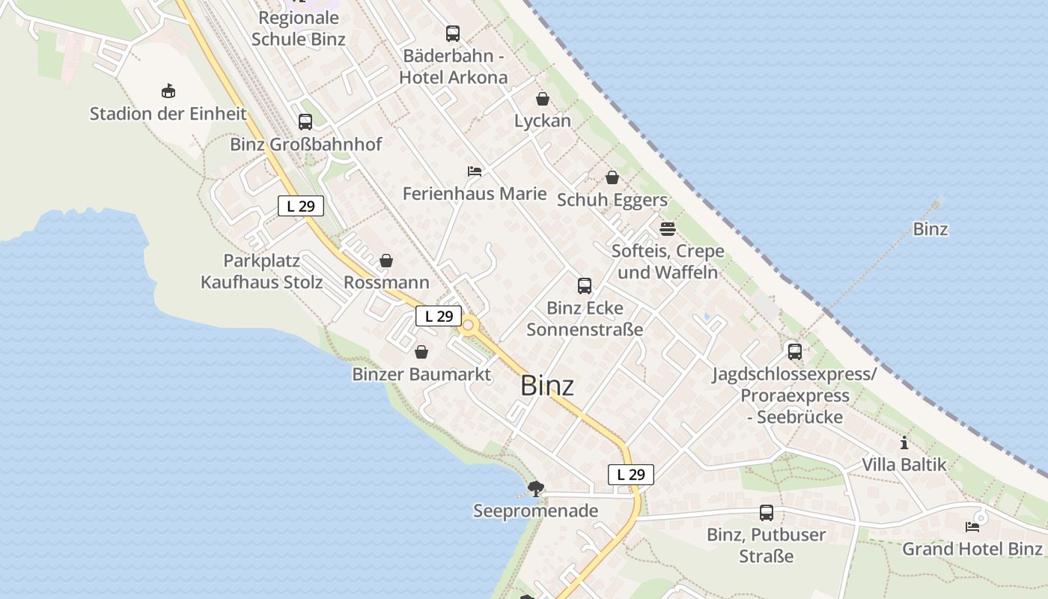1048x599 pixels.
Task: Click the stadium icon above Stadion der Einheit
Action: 168,91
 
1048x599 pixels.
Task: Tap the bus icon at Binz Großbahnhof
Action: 305,121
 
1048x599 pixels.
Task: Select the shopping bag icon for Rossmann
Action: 386,261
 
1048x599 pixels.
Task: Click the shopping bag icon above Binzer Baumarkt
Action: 421,352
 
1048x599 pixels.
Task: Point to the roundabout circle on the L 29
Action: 469,325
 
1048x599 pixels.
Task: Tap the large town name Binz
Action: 547,386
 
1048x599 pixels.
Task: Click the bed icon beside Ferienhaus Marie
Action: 474,171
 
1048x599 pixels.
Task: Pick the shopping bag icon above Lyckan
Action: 543,99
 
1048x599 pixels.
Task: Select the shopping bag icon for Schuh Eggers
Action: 612,177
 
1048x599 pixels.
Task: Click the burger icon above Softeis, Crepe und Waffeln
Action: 668,228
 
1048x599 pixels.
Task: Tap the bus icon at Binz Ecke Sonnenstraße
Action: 585,286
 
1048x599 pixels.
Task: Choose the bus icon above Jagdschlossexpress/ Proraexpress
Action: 795,351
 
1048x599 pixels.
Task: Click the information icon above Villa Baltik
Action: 904,443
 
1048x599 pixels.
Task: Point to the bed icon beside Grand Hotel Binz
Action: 972,526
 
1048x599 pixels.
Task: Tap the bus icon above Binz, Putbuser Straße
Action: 767,513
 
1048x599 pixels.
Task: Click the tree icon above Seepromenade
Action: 535,489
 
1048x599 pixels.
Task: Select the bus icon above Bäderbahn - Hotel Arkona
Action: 453,34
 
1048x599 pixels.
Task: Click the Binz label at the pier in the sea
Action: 930,229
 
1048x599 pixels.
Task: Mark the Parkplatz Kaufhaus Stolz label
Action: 262,271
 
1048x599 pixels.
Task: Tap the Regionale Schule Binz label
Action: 299,28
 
